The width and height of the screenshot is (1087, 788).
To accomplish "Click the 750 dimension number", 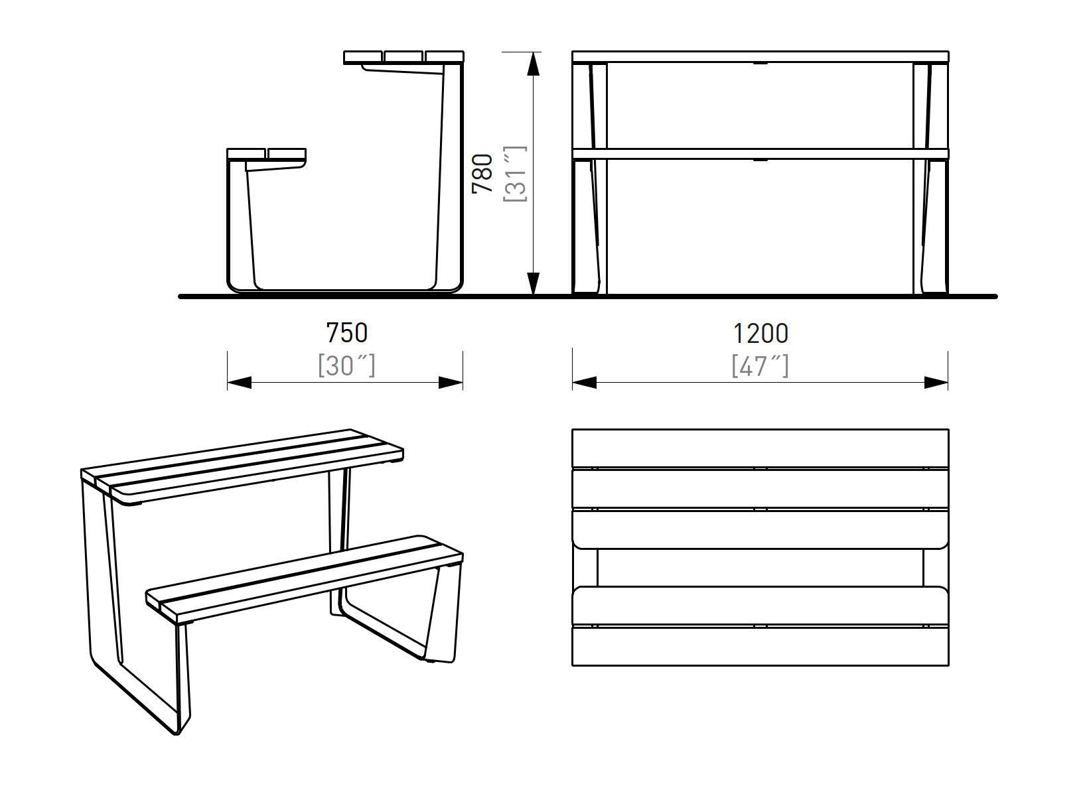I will (346, 333).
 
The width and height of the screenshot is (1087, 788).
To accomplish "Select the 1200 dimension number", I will (761, 333).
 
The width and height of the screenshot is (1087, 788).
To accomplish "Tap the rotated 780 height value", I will (482, 174).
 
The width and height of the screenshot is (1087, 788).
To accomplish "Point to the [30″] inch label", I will (346, 365).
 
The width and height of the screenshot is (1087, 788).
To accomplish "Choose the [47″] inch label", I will (761, 365).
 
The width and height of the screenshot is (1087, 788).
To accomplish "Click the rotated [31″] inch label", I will (516, 174).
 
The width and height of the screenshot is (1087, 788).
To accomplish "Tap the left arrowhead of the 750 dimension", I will (239, 383).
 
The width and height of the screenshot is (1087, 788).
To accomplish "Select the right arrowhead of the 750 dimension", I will (451, 383).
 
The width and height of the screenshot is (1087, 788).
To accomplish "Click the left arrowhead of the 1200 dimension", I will (584, 383).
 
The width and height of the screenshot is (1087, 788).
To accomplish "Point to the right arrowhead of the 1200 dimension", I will (936, 383).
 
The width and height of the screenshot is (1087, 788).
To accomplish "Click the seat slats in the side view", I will (266, 154).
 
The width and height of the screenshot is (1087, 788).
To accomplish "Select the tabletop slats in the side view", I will (403, 58).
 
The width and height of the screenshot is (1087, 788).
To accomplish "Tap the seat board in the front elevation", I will (761, 154).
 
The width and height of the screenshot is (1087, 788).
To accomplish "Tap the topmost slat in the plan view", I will (761, 448).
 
